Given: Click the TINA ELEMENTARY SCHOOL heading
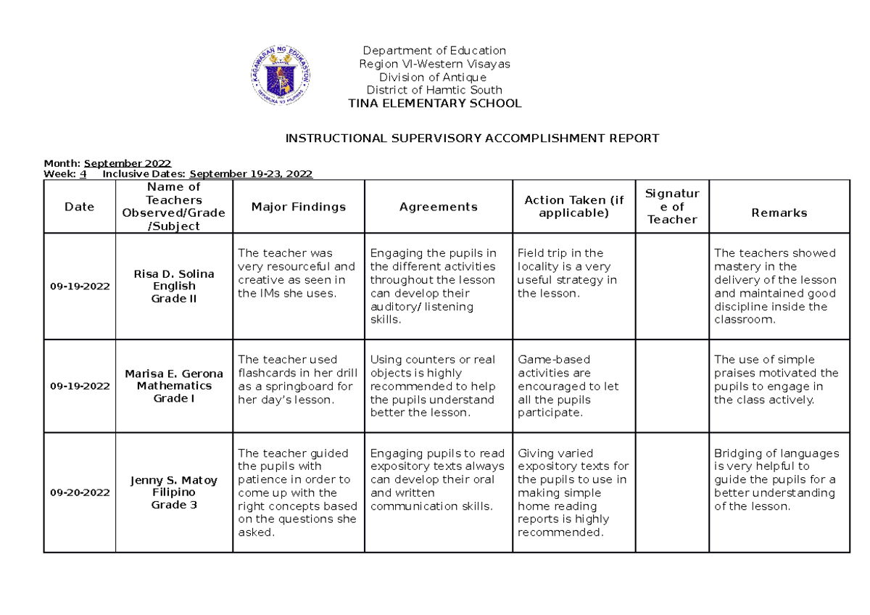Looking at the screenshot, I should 434,104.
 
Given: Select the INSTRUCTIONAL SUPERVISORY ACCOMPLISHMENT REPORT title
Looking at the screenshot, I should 472,139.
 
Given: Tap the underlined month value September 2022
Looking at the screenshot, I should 128,163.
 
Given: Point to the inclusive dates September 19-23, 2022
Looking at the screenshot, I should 251,174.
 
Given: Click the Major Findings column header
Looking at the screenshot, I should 298,207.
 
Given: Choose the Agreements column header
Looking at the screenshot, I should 438,207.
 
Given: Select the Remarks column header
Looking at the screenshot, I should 779,213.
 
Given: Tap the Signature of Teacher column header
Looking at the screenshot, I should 672,207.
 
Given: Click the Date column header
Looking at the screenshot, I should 79,207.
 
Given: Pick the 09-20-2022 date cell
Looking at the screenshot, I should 79,493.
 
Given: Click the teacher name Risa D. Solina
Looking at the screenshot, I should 174,274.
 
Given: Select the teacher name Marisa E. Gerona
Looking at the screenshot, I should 174,373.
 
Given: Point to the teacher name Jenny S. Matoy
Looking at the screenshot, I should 174,480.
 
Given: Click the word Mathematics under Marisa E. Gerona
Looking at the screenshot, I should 174,386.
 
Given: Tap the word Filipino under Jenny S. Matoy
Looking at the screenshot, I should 174,493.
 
